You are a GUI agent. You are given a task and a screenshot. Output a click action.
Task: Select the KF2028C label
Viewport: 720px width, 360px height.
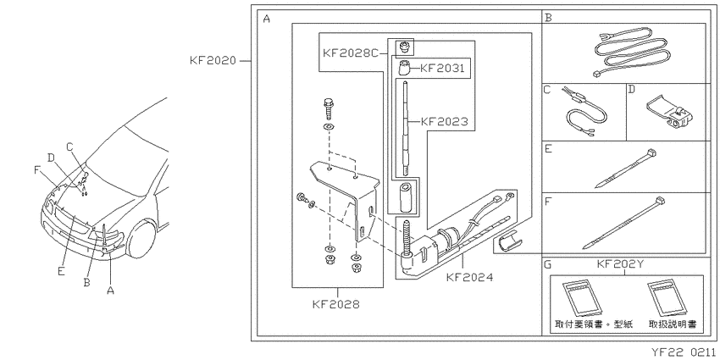[351, 53]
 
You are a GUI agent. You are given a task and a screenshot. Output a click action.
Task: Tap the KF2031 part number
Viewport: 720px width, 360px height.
[443, 69]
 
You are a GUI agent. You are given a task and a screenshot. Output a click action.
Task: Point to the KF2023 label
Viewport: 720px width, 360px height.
[445, 122]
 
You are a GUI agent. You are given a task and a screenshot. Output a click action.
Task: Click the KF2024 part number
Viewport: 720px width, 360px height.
[470, 277]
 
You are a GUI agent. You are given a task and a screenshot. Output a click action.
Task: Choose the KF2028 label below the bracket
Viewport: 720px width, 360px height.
[335, 304]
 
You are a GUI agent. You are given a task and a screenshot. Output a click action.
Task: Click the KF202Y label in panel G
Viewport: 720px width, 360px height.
[619, 265]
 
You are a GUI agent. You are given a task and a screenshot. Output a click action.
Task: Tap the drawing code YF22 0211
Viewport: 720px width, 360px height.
[684, 352]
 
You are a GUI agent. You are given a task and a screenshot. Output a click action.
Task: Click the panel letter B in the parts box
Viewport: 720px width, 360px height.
[548, 18]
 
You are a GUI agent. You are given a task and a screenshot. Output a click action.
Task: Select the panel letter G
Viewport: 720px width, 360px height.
[548, 265]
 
